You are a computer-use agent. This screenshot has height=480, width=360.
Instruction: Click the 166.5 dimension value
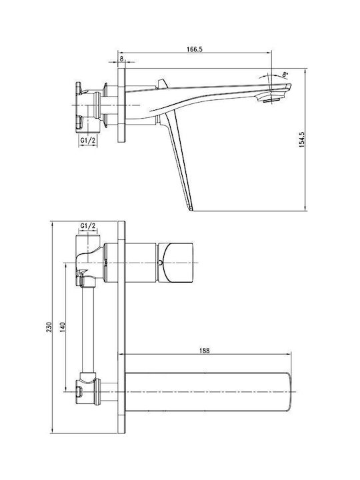[x=195, y=49]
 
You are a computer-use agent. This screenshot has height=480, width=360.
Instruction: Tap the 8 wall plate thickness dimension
[x=121, y=59]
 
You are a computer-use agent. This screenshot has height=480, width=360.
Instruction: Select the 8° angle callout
[x=285, y=74]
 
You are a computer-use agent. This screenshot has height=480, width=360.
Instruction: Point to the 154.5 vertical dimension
[x=301, y=140]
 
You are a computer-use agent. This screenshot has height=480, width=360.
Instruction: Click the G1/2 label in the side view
[x=88, y=141]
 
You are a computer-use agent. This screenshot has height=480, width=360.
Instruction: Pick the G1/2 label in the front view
[x=88, y=226]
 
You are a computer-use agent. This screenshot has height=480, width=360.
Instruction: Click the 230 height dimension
[x=49, y=327]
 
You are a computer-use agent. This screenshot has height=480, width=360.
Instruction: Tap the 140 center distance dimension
[x=62, y=327]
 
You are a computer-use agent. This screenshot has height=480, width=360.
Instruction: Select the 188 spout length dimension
[x=205, y=351]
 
